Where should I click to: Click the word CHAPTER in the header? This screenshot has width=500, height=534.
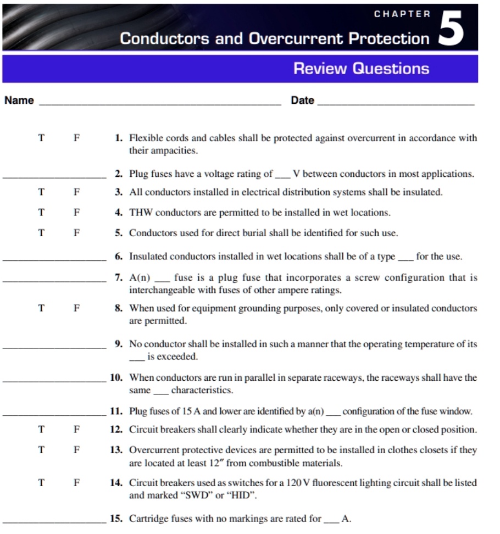tap(402, 14)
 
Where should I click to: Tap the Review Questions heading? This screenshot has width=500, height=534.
tap(361, 69)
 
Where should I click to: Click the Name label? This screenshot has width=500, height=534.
tap(19, 101)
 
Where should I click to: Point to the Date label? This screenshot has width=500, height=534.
tap(302, 101)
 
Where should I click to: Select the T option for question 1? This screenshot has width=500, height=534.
tap(41, 138)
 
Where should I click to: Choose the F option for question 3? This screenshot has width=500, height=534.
tap(77, 192)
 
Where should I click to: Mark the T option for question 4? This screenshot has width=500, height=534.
tap(41, 213)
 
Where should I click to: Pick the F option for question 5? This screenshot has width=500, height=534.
tap(77, 233)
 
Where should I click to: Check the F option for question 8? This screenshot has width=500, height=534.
tap(77, 308)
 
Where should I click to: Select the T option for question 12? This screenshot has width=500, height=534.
tap(41, 430)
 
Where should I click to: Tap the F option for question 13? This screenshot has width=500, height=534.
tap(77, 450)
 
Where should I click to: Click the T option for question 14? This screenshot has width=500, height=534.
tap(41, 483)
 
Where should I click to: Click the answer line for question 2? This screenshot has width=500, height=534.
tap(54, 177)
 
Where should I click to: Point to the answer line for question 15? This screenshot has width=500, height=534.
tap(54, 521)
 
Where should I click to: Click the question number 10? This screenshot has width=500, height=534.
tap(115, 378)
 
